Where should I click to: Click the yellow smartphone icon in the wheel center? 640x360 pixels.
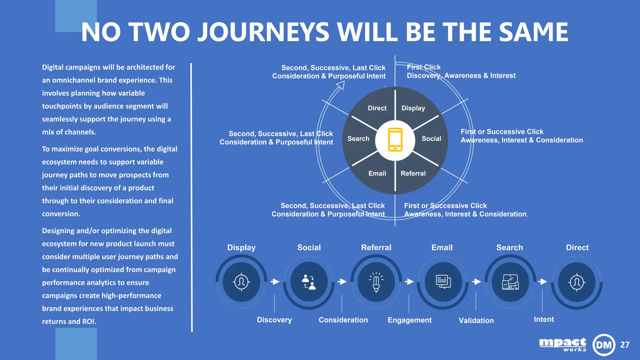pos(395,140)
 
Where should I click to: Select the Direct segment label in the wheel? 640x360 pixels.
pos(377,108)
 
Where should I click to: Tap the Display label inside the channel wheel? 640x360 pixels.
pos(413,108)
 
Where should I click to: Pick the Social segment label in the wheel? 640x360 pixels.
pos(431,139)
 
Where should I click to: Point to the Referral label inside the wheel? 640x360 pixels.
pos(413,173)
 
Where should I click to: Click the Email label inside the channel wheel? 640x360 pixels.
pos(377,173)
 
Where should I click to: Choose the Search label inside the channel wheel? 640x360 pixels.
pos(358,139)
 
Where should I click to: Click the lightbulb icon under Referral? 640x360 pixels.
pos(376,282)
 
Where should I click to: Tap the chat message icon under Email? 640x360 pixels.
pos(443,282)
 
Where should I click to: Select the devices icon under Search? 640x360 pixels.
pos(510,282)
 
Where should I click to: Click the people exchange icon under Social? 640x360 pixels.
pos(309,282)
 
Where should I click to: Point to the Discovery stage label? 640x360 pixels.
pos(274,320)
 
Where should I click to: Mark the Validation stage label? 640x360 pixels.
pos(476,321)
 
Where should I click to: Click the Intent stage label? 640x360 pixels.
pos(544,319)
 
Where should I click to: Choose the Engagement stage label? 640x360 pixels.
pos(409,320)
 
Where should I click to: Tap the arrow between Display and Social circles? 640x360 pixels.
pos(275,282)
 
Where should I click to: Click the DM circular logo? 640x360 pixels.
pos(604,345)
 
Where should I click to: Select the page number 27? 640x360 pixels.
pos(625,345)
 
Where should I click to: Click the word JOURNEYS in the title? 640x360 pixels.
pos(263,32)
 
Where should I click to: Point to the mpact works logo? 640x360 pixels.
pos(563,345)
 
